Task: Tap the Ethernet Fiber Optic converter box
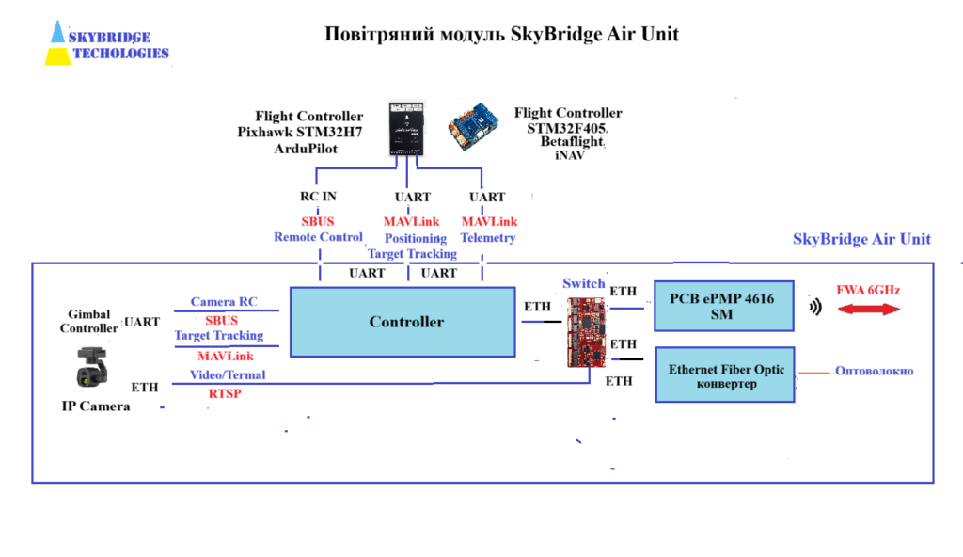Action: tap(726, 375)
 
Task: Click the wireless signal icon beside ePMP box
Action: tap(814, 307)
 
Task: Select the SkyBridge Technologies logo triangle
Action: tap(58, 43)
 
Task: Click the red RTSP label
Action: tap(224, 393)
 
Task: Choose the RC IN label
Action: tap(318, 197)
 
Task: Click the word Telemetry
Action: tap(488, 238)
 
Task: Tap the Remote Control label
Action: tap(318, 237)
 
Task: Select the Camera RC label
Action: tap(224, 302)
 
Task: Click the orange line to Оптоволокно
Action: tap(814, 374)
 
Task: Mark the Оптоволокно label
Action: tap(875, 371)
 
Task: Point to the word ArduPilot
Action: tap(305, 149)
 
